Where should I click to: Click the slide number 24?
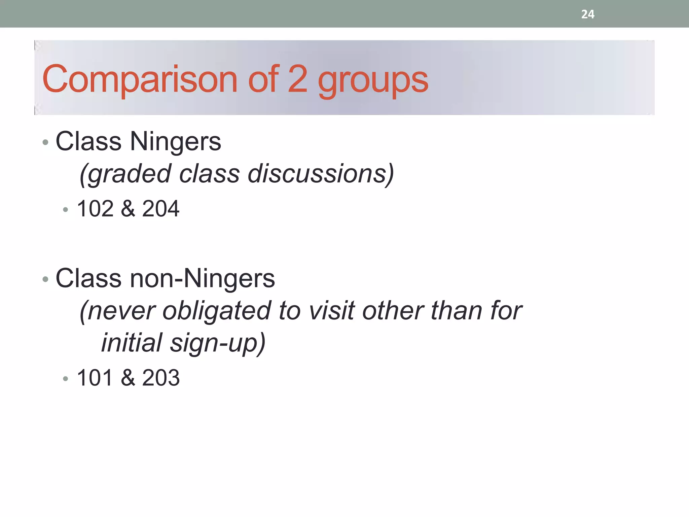[587, 14]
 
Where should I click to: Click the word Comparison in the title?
[140, 79]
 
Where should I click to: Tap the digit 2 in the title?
[298, 79]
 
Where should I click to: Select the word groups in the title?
[373, 81]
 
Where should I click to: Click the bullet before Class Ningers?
[46, 142]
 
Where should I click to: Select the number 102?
[95, 209]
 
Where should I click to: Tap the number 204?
[161, 209]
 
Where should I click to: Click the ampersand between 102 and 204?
[128, 209]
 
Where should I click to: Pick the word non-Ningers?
[202, 279]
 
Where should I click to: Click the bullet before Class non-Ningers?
[46, 279]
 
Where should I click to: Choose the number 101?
[95, 378]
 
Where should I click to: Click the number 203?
[161, 378]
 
